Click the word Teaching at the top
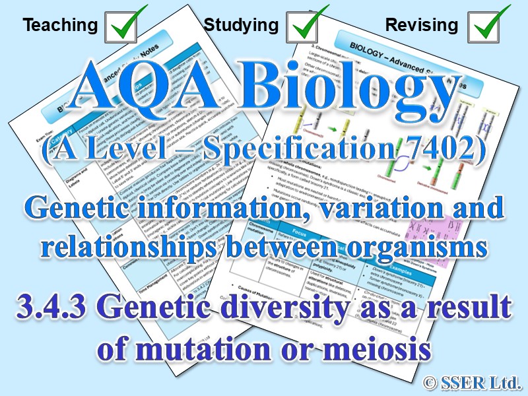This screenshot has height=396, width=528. pos(60,26)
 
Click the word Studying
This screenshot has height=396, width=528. pos(241,26)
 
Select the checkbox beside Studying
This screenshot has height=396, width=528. pos(308,25)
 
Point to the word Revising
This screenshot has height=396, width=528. pos(421,26)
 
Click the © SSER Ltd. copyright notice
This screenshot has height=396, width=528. pos(471,380)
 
